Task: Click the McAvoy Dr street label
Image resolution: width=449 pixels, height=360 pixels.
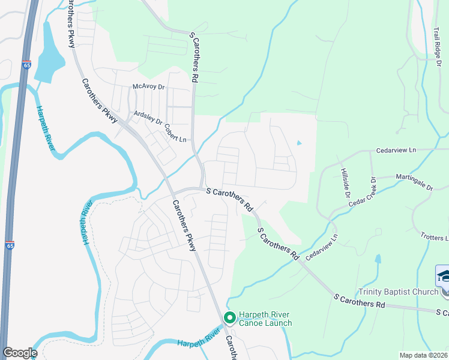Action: (148, 87)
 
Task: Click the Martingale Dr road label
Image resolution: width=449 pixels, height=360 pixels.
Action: (414, 182)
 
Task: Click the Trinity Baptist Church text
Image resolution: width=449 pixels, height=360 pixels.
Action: (398, 292)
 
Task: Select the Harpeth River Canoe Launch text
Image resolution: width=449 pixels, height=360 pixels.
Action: (265, 319)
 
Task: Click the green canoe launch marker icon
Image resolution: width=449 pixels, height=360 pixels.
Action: (229, 317)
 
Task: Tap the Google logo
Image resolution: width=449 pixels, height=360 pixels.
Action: (20, 353)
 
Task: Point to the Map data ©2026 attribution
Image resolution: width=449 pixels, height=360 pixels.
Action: (423, 355)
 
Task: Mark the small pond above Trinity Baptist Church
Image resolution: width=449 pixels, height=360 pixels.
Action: (378, 259)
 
